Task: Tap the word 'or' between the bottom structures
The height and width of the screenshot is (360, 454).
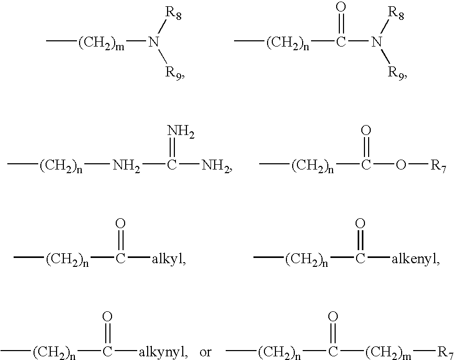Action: point(206,352)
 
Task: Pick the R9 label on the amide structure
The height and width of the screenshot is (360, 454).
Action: point(396,72)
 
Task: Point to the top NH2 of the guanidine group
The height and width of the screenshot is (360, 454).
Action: point(181,134)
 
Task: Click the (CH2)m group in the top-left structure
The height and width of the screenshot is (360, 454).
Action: point(102,42)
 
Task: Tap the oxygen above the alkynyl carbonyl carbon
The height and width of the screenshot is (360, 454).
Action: point(107,317)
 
